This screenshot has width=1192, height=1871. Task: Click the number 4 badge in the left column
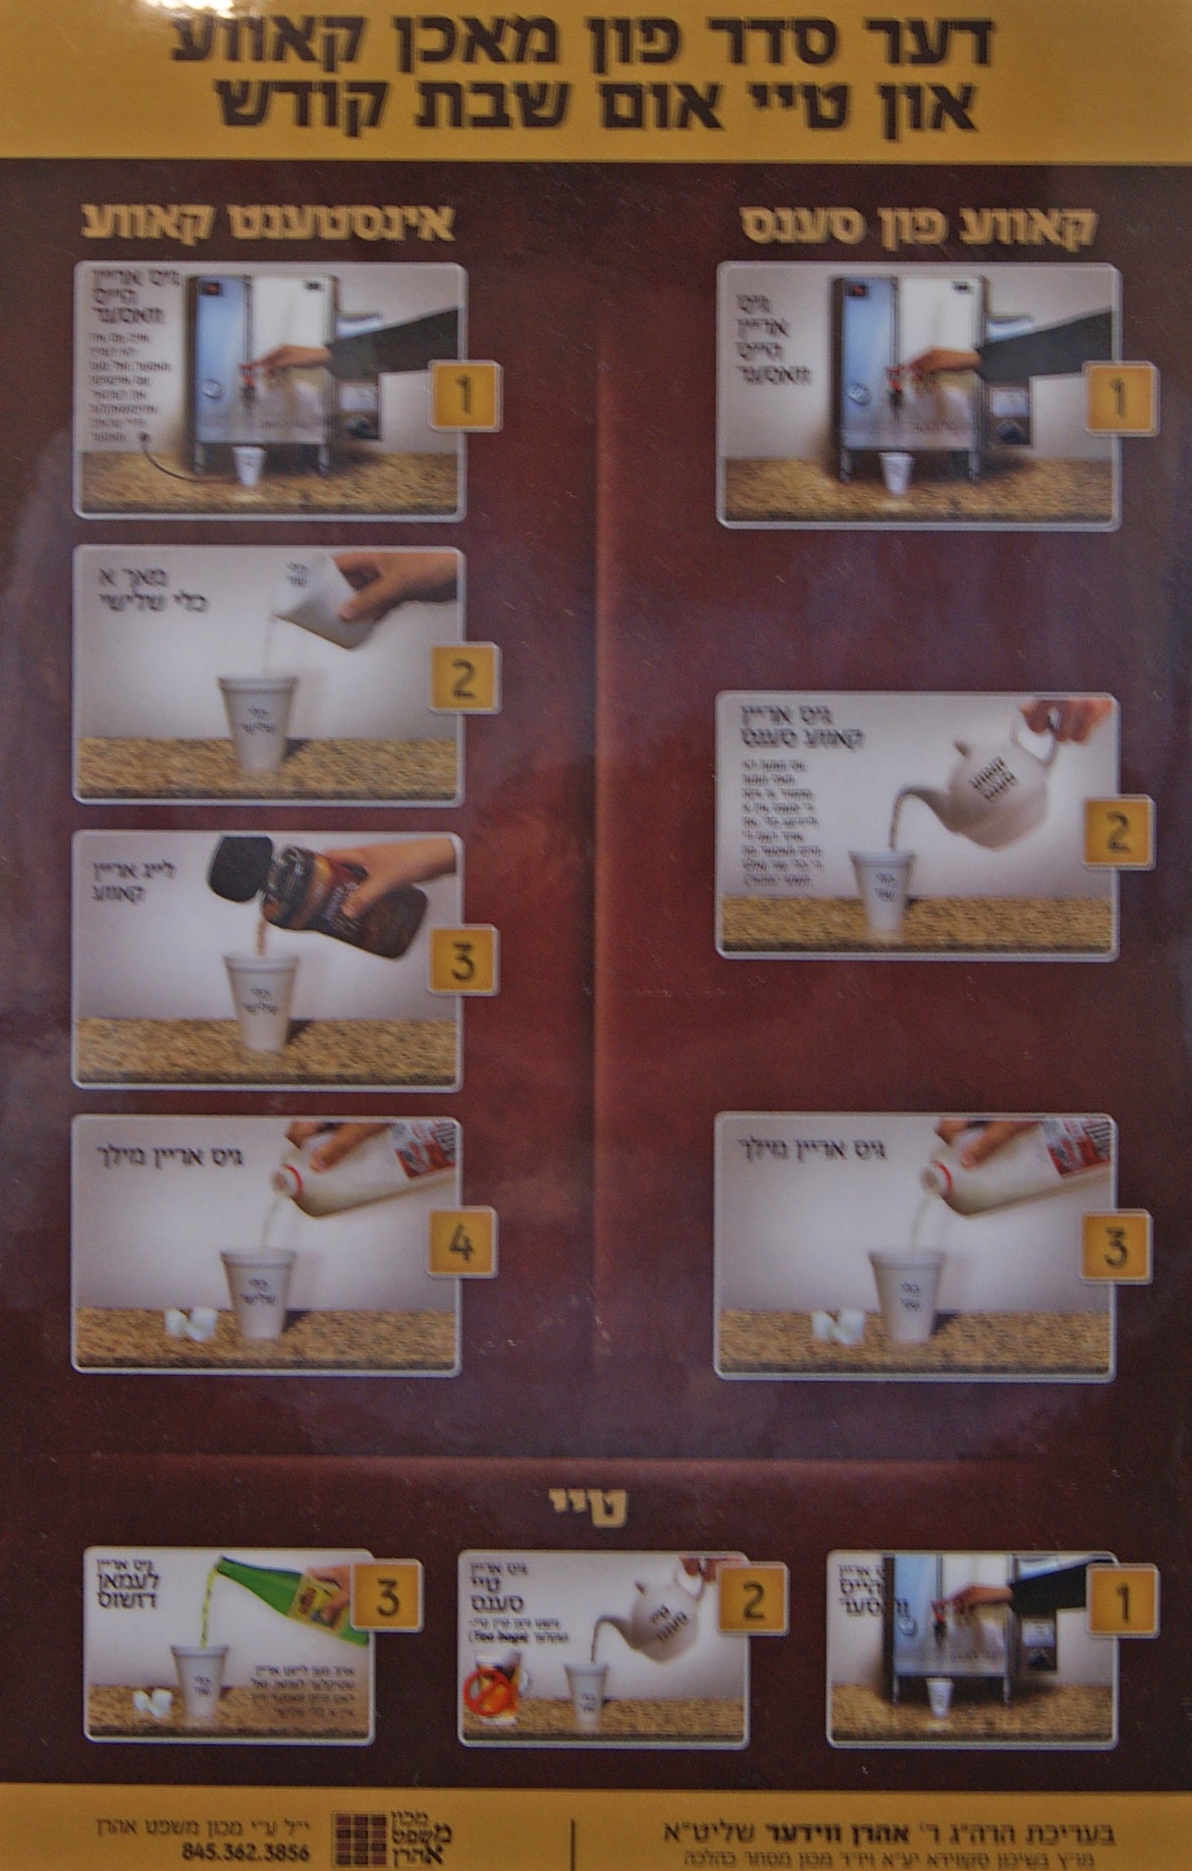461,1243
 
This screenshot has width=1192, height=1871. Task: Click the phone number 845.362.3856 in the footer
245,1852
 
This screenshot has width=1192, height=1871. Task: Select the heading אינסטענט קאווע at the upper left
267,223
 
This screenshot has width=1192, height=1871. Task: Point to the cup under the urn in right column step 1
895,471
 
